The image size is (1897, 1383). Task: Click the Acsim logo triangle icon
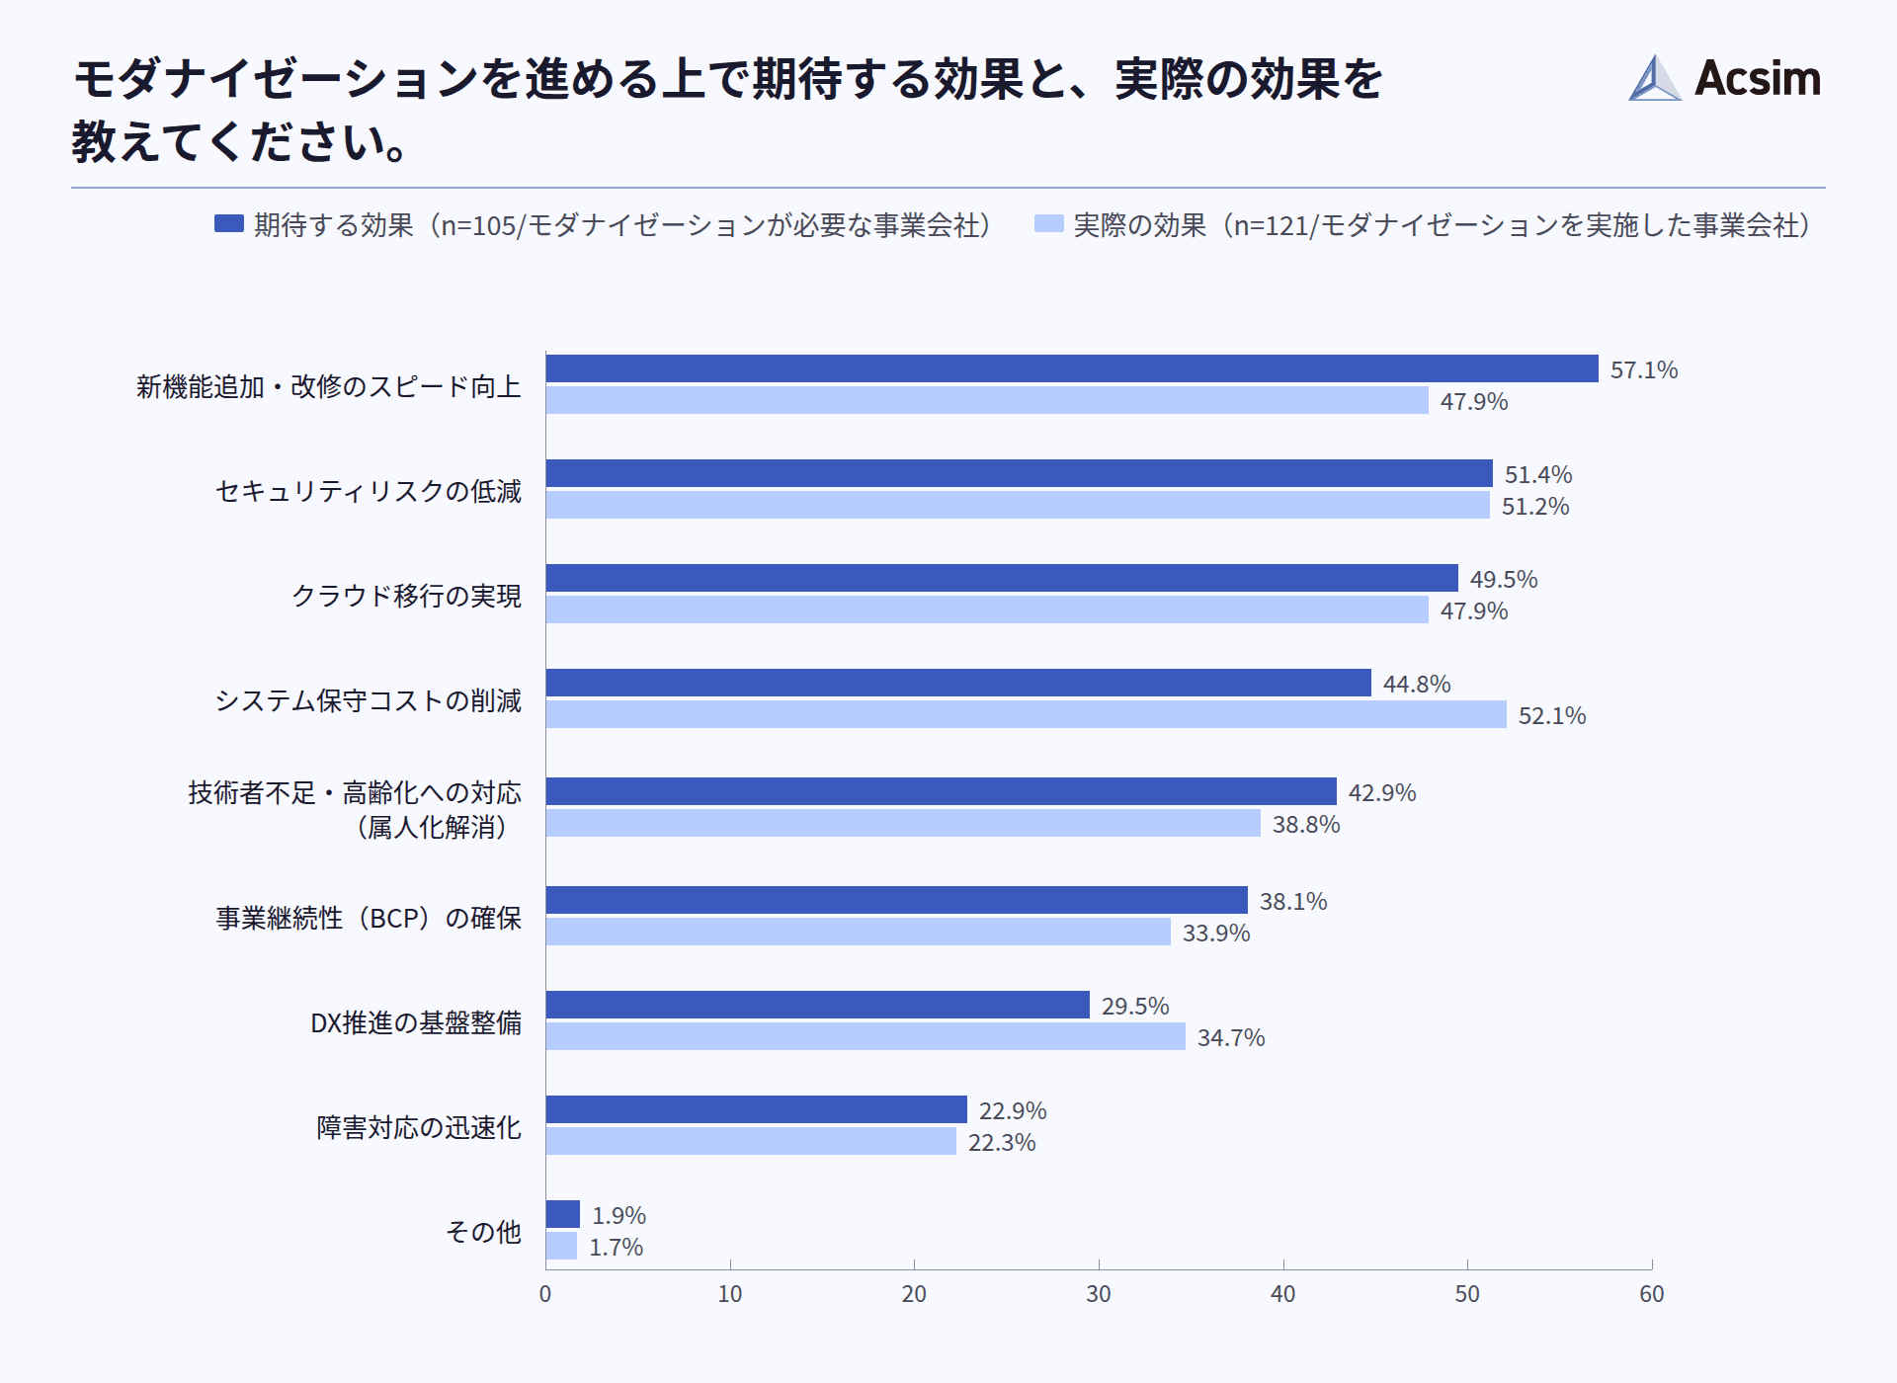[1654, 79]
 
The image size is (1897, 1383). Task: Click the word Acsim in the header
[1758, 78]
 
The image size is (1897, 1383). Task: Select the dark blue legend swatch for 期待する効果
[229, 224]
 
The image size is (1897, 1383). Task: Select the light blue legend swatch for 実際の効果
[1048, 224]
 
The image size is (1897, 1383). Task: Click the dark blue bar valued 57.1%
[1072, 368]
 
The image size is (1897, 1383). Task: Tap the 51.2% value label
[1534, 507]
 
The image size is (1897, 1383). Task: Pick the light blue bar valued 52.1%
[1026, 714]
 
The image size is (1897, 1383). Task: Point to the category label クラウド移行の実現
[406, 596]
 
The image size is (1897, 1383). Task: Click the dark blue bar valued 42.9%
[941, 791]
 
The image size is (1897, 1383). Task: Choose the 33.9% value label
[1215, 934]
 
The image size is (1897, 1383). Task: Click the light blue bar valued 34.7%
[866, 1036]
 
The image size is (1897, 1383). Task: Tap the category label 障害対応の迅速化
[418, 1127]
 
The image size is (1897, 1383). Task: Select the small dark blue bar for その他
[563, 1214]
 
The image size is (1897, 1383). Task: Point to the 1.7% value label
[616, 1248]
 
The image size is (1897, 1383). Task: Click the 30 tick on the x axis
[1098, 1294]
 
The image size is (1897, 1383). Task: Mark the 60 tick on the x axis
[1651, 1294]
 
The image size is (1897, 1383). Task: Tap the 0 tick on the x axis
[545, 1294]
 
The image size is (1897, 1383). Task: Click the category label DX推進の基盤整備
[415, 1022]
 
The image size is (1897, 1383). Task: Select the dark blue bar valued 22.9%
[756, 1109]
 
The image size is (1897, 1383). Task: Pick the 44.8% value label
[1416, 685]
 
